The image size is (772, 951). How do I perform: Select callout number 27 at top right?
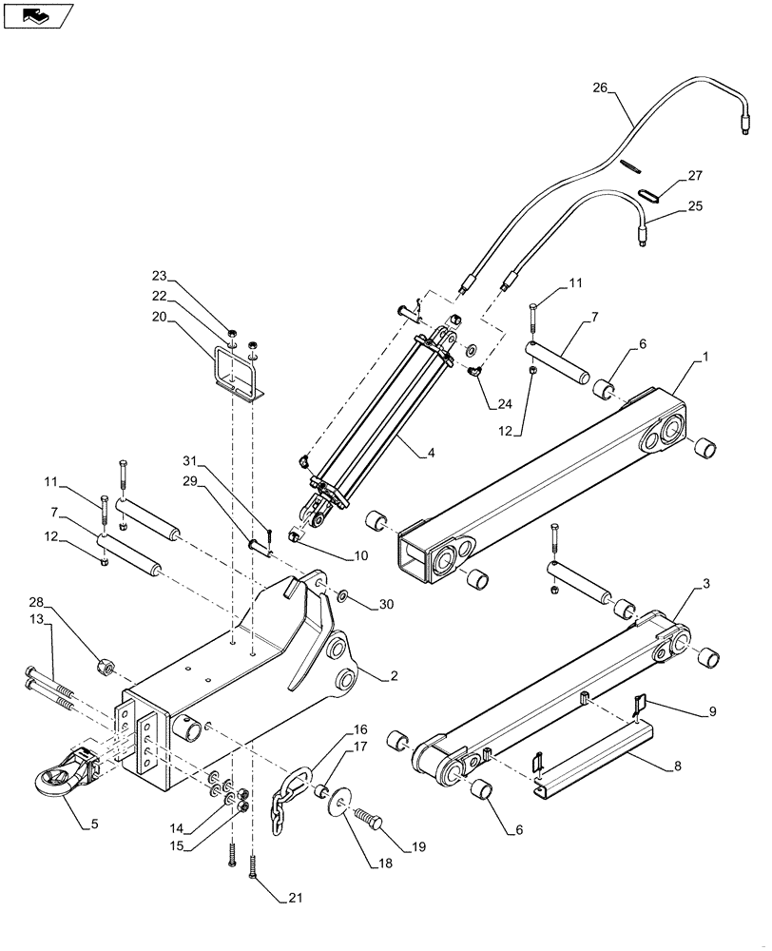[x=695, y=176]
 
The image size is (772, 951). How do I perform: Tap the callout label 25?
[x=695, y=205]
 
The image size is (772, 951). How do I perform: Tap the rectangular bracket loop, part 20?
[x=238, y=376]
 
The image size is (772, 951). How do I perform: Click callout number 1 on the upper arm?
[x=704, y=357]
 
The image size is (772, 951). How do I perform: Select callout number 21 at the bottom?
[x=296, y=896]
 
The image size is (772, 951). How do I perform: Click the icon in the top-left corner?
[x=38, y=15]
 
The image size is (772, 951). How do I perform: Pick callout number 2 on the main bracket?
[x=393, y=677]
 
